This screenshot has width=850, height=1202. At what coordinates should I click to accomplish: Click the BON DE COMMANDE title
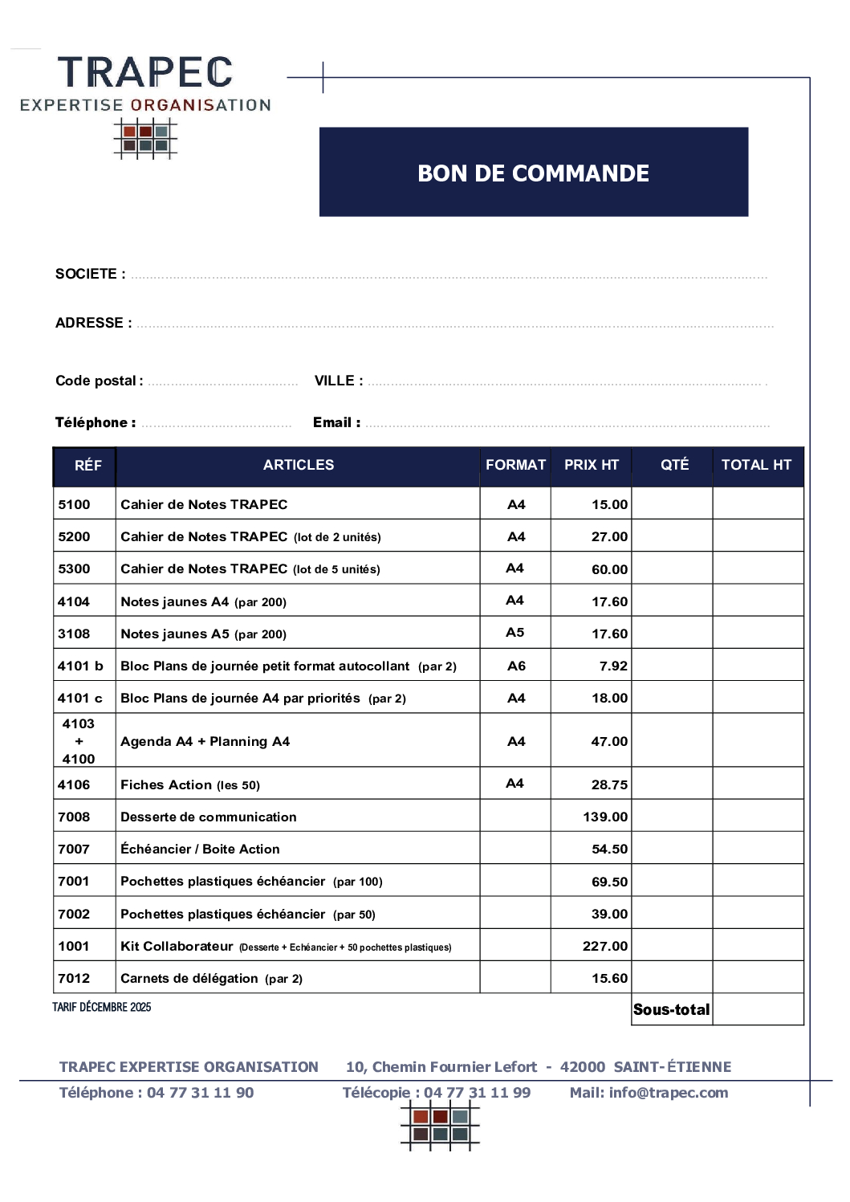(533, 173)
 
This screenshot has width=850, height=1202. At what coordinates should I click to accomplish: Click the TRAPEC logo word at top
(145, 72)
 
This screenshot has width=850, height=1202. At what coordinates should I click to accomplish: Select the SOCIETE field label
(90, 274)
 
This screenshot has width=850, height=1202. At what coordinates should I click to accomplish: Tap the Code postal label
(99, 381)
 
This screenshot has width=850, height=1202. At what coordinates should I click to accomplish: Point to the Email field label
(336, 422)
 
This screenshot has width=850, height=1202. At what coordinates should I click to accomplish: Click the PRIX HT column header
(592, 465)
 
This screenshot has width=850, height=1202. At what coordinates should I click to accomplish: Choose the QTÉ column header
(674, 465)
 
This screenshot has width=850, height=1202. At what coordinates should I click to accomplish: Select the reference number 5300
(74, 568)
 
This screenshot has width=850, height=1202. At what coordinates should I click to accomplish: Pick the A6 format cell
(516, 666)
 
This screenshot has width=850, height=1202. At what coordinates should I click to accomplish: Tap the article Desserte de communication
(208, 817)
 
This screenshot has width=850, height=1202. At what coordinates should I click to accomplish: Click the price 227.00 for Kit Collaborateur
(605, 946)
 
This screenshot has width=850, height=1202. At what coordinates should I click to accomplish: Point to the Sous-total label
(671, 1009)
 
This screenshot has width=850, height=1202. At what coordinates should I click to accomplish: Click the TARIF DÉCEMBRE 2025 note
(102, 1007)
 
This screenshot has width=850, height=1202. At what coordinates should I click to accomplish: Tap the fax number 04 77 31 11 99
(477, 1092)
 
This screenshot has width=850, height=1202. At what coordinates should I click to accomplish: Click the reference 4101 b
(80, 666)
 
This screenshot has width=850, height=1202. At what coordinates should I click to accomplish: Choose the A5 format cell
(514, 633)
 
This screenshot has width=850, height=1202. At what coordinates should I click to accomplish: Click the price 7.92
(613, 666)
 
